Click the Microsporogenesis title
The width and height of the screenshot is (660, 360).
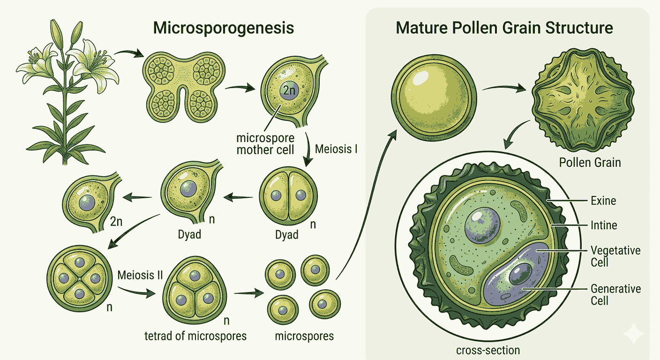[224, 28]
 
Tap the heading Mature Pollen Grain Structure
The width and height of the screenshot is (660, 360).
[504, 28]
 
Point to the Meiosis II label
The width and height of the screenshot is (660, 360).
[141, 275]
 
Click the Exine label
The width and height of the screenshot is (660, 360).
[603, 201]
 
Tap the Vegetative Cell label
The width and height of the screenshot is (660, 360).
[615, 255]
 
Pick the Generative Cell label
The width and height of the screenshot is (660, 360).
[615, 294]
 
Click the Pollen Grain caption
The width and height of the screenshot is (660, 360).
[590, 163]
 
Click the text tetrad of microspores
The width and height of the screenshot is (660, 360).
[195, 336]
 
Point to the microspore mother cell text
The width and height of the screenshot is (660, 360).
[265, 144]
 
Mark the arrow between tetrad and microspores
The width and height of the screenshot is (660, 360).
[248, 294]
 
